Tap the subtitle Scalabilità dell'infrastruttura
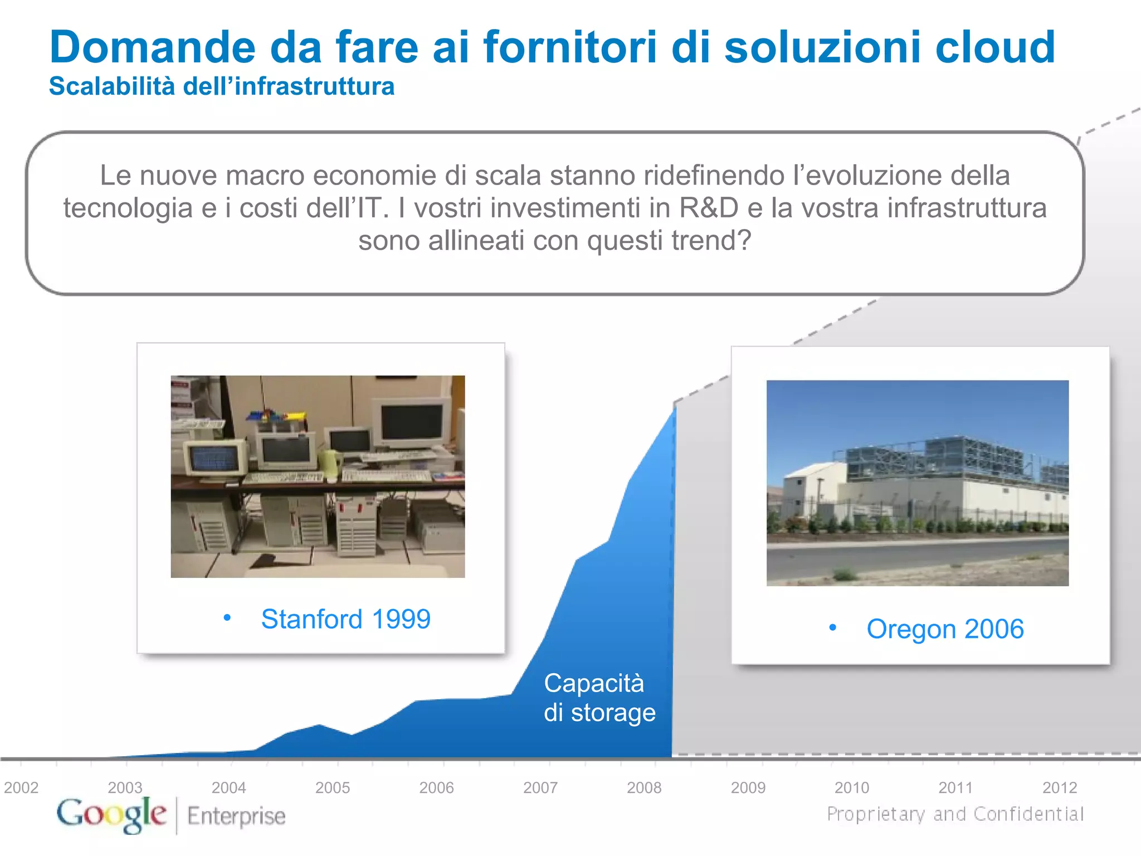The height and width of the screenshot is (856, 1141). click(x=222, y=86)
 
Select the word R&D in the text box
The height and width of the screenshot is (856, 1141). click(x=709, y=208)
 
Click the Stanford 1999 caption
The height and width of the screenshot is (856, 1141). click(x=345, y=619)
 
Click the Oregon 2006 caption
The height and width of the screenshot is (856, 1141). click(x=945, y=629)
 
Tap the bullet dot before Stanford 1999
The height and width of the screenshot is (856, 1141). click(x=227, y=617)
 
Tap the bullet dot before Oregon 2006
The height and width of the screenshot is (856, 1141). click(x=832, y=628)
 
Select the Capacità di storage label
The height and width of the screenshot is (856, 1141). click(x=599, y=698)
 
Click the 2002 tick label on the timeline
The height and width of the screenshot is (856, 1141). click(x=21, y=787)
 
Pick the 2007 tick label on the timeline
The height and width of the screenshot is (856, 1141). click(x=540, y=787)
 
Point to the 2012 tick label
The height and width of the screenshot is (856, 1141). click(x=1059, y=787)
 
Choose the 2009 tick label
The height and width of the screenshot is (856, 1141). click(x=748, y=787)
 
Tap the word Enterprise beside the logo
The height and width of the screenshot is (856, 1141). click(x=236, y=816)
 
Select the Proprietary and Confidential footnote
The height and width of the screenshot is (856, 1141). click(x=955, y=814)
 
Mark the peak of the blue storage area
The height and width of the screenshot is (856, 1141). click(x=674, y=407)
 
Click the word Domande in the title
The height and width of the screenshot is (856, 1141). click(x=152, y=47)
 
